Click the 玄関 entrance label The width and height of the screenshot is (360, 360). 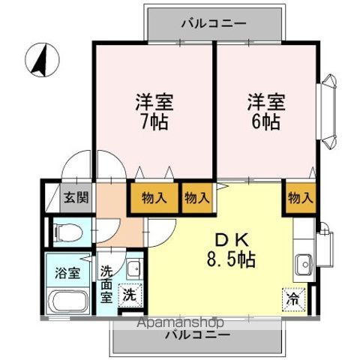point(75,198)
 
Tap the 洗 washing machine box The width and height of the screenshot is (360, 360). point(129,295)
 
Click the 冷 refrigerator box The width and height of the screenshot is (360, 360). point(292,298)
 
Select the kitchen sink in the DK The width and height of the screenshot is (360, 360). point(304,265)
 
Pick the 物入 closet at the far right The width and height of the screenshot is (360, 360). point(300,198)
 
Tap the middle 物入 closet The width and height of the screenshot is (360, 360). point(197,199)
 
